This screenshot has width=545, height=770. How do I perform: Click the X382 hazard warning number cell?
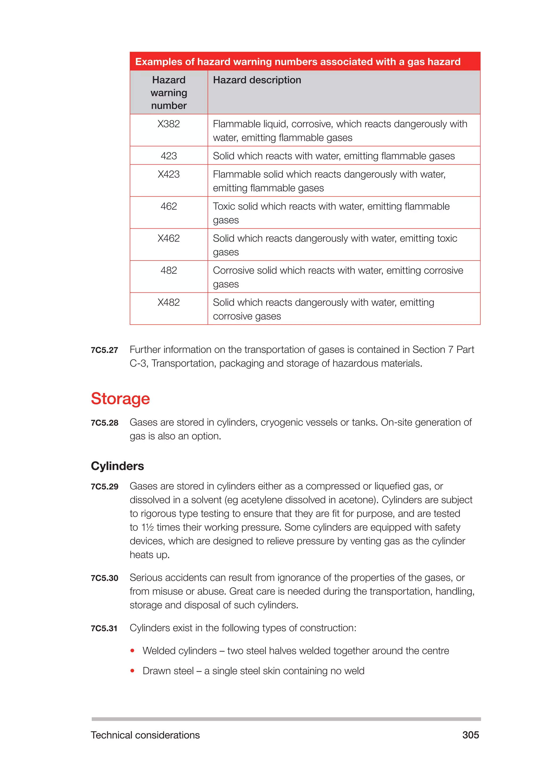[x=168, y=124]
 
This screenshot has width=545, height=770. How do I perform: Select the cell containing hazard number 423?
[x=168, y=156]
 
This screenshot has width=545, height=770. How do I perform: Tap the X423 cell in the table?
[x=168, y=174]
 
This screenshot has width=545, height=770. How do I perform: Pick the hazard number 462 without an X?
[x=168, y=206]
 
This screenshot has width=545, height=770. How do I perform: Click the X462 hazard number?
[x=168, y=238]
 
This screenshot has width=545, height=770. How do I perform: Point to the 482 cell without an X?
[x=168, y=270]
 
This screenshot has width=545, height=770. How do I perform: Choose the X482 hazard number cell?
[x=168, y=303]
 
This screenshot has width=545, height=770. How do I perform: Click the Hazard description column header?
[x=257, y=80]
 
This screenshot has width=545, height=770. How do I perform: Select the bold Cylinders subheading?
[x=117, y=466]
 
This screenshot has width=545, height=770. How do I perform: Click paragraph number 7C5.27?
[x=104, y=350]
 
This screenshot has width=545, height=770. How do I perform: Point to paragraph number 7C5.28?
[x=104, y=423]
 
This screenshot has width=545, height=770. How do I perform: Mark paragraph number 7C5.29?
[x=104, y=487]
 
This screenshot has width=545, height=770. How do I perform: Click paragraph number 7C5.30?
[x=104, y=578]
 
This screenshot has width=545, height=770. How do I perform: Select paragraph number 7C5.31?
[x=104, y=629]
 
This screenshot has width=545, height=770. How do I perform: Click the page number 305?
[x=470, y=735]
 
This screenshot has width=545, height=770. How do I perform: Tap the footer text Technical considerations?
[x=145, y=735]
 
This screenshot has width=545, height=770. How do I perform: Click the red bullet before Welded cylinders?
[x=133, y=651]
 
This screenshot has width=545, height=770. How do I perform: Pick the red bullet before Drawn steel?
[x=133, y=671]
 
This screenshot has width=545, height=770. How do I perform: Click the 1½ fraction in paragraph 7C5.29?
[x=147, y=528]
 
